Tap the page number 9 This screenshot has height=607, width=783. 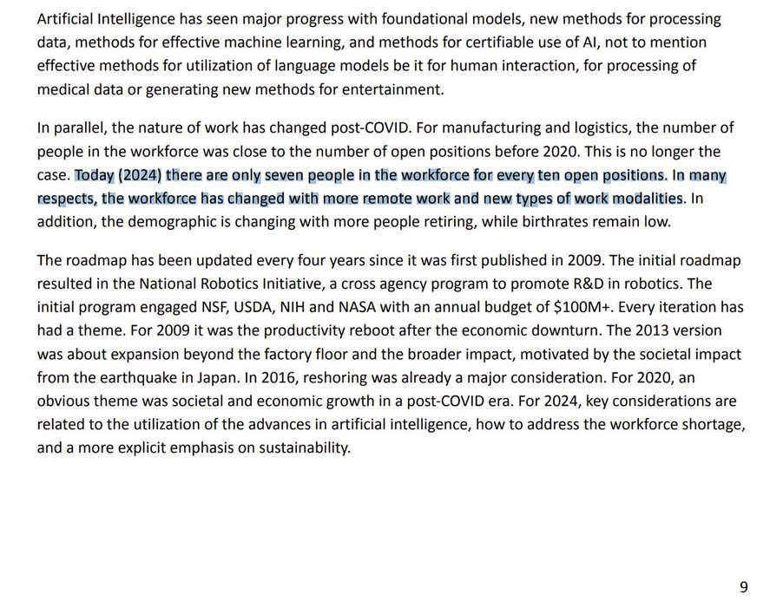(743, 587)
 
